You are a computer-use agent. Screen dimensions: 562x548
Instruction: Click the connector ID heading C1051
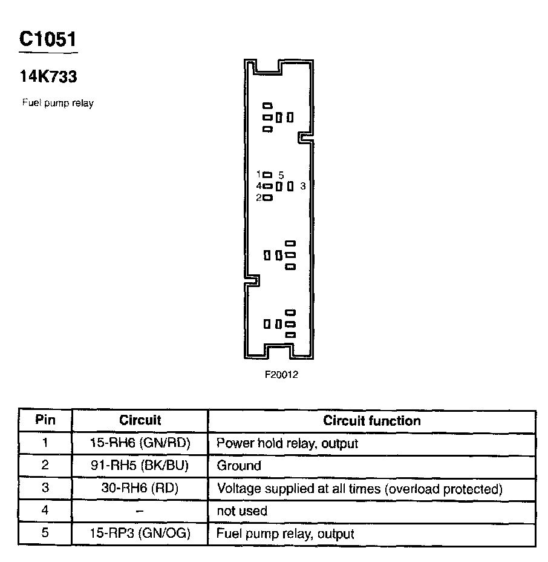click(48, 39)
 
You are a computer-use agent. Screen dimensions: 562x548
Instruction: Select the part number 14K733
click(48, 77)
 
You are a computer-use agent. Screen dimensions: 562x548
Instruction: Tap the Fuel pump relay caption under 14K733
click(58, 103)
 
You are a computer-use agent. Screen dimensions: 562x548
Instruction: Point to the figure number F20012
click(281, 374)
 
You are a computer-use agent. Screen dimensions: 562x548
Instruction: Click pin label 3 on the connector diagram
click(303, 187)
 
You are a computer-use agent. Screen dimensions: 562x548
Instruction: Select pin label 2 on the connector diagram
click(258, 197)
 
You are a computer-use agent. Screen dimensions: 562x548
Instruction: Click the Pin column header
click(45, 420)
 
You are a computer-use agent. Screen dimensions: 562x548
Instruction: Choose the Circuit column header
click(140, 420)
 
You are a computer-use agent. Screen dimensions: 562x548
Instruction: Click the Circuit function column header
click(371, 420)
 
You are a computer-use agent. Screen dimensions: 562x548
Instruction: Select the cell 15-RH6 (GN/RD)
click(140, 443)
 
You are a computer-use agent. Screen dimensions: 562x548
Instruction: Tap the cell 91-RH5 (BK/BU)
click(140, 466)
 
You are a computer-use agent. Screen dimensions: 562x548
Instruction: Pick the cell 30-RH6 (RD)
click(140, 488)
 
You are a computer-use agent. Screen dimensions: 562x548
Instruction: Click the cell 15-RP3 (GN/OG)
click(140, 534)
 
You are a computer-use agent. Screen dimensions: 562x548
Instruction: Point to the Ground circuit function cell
click(239, 466)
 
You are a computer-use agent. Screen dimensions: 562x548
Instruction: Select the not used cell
click(242, 511)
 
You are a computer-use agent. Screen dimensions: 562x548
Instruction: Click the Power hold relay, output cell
click(287, 443)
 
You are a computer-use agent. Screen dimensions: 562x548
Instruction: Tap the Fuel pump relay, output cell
click(285, 534)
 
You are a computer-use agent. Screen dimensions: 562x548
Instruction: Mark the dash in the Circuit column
click(140, 511)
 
